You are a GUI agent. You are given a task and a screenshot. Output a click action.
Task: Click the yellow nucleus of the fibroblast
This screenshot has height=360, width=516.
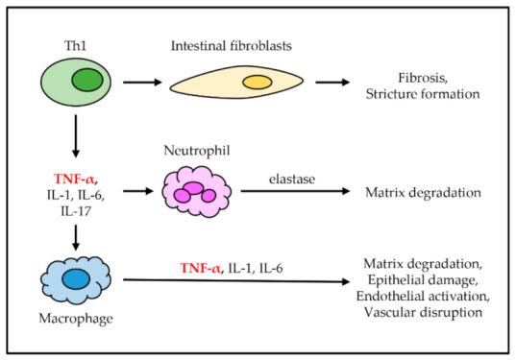tap(257, 83)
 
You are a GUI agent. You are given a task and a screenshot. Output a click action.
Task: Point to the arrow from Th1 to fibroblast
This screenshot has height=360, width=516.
tap(135, 84)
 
